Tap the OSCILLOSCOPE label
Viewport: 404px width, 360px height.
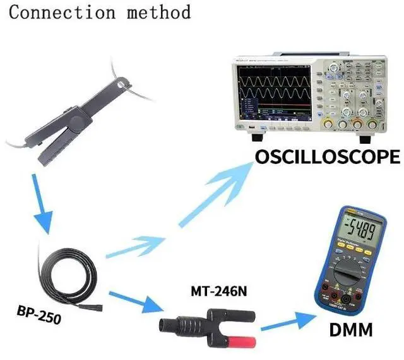[x=327, y=157]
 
